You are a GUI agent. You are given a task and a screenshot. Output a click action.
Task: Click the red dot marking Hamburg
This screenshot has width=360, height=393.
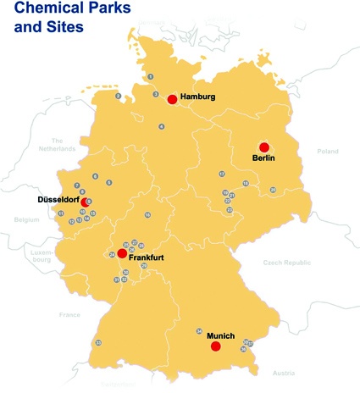pos(172,99)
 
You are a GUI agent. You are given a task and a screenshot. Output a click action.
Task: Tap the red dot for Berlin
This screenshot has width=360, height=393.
pos(263,147)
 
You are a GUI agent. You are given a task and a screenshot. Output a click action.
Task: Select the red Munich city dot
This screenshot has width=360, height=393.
pos(215,346)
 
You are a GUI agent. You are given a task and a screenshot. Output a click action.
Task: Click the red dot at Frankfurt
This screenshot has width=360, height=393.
pos(122,253)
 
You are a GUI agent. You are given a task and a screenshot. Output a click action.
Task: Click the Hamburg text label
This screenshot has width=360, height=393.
pos(198,97)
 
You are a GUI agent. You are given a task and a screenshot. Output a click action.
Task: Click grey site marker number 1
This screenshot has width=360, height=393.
pos(150,77)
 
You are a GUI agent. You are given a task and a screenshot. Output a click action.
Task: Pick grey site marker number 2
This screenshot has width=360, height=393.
pos(119,96)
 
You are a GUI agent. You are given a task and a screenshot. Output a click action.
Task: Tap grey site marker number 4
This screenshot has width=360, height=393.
pos(161,126)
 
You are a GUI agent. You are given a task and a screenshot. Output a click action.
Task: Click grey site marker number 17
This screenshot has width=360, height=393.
pos(222,174)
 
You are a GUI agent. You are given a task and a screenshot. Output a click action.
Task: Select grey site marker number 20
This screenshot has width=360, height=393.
pos(273,190)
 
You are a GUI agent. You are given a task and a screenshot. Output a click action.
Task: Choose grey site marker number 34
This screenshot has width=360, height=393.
pos(199,331)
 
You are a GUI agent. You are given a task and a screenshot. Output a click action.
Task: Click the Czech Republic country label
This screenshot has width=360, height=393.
pos(286,263)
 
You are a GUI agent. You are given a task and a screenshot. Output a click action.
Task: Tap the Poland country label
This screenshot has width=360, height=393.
pos(327,151)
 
